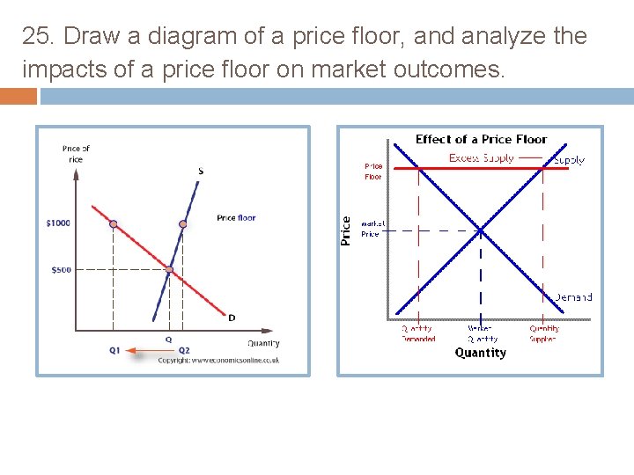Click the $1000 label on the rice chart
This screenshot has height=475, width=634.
(x=58, y=223)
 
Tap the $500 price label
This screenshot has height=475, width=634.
(x=60, y=270)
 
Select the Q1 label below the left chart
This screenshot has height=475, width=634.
(x=114, y=350)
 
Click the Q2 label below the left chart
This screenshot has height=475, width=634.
(x=184, y=350)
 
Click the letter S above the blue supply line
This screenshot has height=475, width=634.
(x=201, y=171)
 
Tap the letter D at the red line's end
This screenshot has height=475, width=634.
(x=232, y=318)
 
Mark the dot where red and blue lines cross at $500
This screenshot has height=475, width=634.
(x=170, y=269)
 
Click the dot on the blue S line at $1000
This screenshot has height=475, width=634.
(x=182, y=224)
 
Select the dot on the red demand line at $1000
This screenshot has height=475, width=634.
(x=114, y=224)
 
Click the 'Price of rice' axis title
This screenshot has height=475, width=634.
(x=76, y=154)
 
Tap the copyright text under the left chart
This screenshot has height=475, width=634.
(x=219, y=360)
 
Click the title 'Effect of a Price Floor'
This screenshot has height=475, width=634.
(x=481, y=139)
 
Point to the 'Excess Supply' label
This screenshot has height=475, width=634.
(x=482, y=158)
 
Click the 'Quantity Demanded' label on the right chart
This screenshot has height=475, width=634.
(x=417, y=333)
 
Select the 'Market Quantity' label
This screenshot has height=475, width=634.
(x=482, y=333)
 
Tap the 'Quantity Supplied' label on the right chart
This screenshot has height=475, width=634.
(x=543, y=333)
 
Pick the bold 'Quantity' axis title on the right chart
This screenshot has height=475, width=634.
(x=481, y=353)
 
